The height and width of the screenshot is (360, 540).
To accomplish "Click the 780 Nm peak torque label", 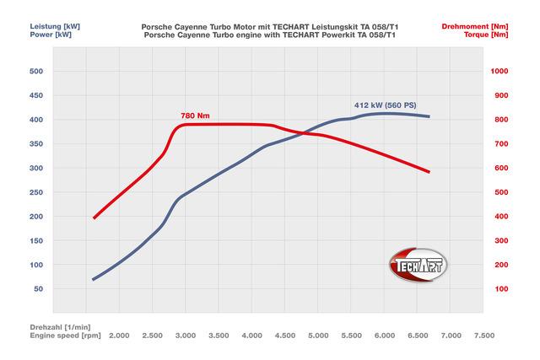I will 195,116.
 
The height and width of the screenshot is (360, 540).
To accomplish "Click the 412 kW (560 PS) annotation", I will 385,105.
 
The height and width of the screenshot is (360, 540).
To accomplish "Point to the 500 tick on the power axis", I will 35,72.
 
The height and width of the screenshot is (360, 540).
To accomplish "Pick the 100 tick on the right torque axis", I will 502,289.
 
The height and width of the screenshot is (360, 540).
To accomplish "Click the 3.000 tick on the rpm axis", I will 186,336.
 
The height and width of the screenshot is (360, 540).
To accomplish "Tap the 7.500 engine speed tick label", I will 483,336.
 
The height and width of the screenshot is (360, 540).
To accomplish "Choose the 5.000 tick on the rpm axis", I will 318,336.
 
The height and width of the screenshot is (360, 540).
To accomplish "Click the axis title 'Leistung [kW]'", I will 30,27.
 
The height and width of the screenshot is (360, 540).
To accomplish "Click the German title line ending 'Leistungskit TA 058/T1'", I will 270,27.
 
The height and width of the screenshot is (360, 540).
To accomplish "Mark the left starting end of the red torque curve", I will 94,218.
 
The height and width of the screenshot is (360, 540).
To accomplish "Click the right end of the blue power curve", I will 429,116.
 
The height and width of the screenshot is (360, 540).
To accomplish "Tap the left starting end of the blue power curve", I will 94,279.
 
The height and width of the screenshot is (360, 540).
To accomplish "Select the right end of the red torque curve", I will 429,172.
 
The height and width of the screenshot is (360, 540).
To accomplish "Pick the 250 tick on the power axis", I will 35,192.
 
